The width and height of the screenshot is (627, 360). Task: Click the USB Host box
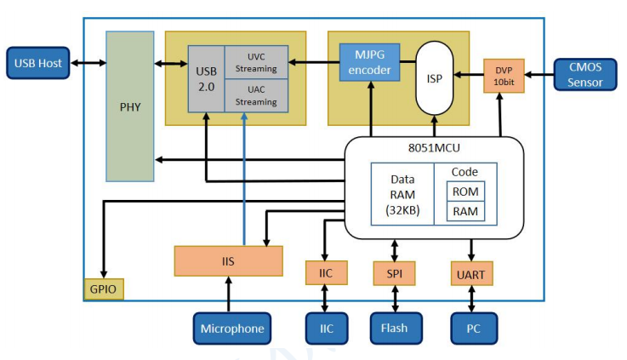click(38, 64)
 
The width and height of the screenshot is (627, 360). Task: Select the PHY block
click(129, 106)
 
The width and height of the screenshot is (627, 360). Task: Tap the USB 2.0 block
click(207, 78)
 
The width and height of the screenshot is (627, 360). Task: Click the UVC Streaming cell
click(256, 62)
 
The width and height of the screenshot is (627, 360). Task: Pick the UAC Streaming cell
click(256, 96)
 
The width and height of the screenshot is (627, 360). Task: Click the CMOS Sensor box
click(585, 75)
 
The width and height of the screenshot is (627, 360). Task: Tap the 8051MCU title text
click(434, 148)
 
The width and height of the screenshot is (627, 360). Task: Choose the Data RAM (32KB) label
click(402, 195)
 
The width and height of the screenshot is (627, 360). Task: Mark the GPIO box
click(104, 289)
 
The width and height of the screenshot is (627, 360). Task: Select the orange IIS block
click(228, 260)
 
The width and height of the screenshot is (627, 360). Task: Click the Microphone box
click(232, 329)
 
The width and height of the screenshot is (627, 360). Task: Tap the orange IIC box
click(326, 273)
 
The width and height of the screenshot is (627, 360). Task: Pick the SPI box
click(395, 273)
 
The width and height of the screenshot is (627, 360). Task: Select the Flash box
click(395, 328)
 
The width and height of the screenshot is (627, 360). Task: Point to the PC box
click(473, 328)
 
